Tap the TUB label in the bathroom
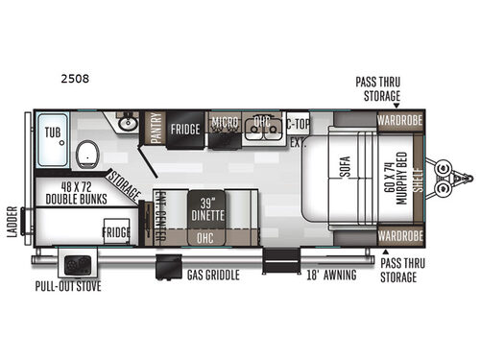point(51,122)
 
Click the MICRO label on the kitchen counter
point(225,123)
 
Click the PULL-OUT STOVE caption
point(69,286)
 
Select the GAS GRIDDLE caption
point(213,276)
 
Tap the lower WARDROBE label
point(398,234)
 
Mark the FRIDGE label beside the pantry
point(185,129)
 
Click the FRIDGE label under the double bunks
point(118,233)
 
